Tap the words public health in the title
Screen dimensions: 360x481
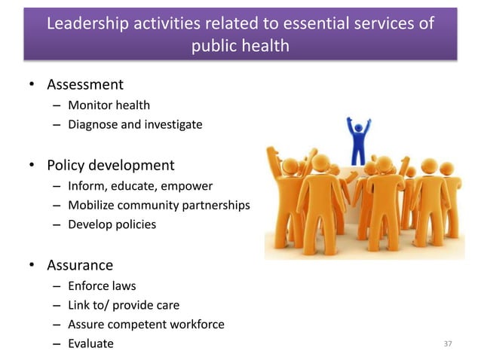(240, 46)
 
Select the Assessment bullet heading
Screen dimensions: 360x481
(86, 84)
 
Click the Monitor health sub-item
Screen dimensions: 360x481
(109, 105)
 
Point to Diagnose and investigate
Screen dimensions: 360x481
(135, 124)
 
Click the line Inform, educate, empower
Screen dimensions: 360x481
(140, 185)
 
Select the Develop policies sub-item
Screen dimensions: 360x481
(112, 224)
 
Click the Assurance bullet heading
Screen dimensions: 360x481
(81, 265)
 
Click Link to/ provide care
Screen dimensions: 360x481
(124, 305)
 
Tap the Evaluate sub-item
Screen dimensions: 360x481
(91, 344)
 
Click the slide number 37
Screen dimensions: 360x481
(448, 344)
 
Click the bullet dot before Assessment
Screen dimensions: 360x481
(32, 85)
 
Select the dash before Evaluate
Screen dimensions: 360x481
(57, 344)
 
